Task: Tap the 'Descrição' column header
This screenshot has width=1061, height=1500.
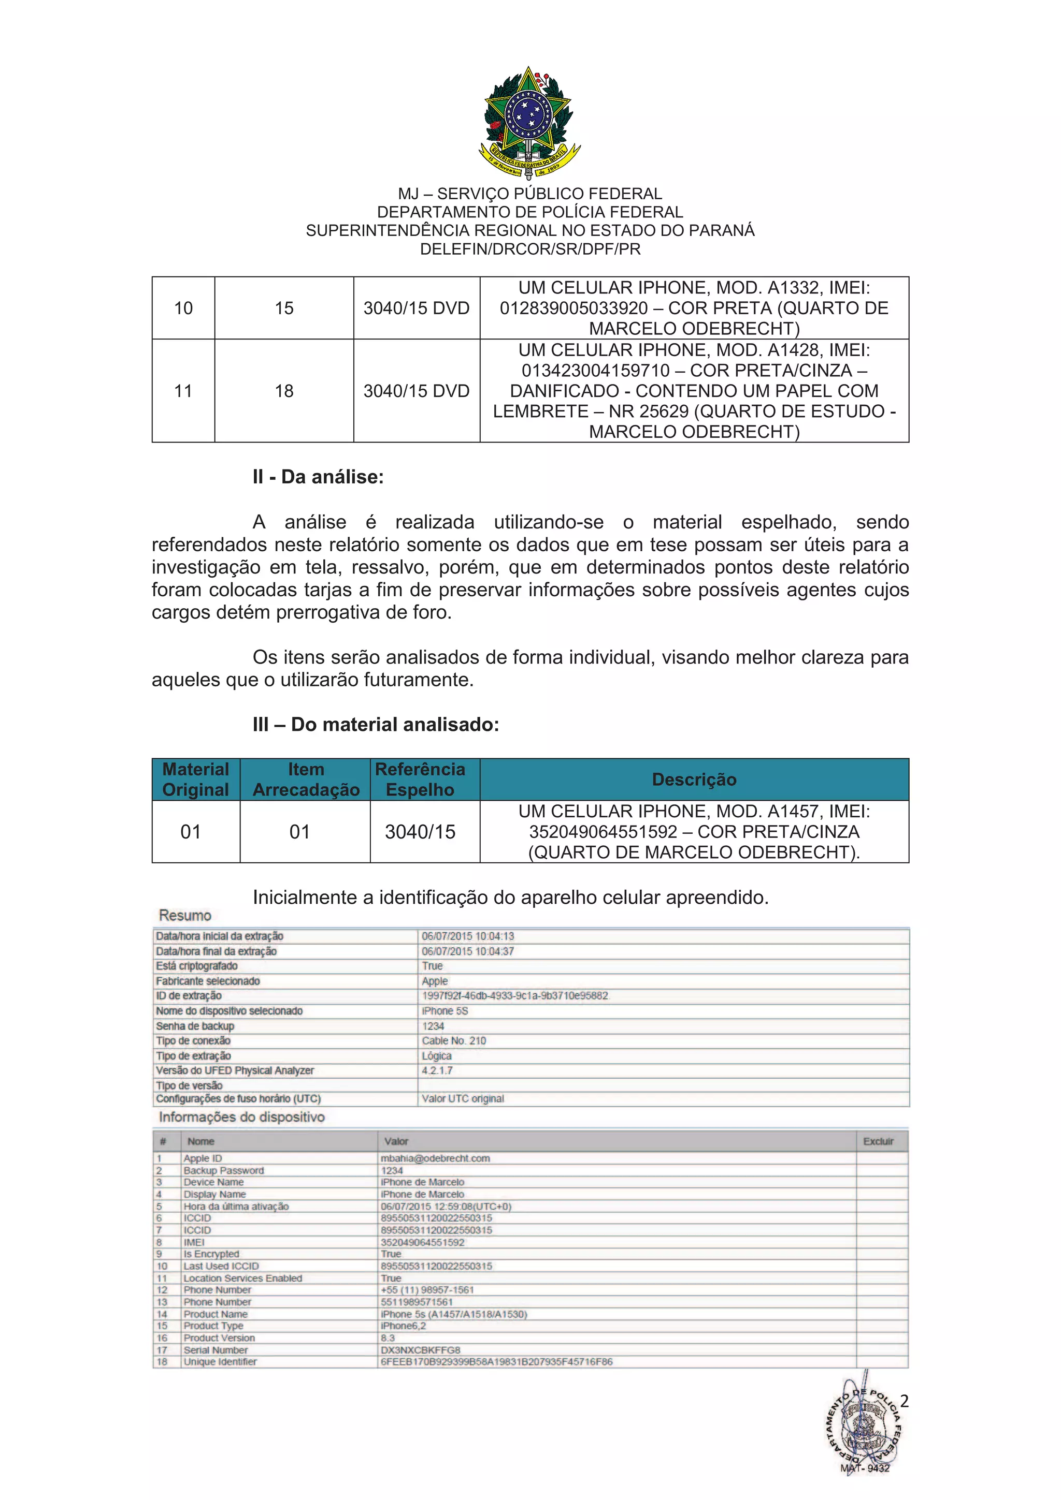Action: pos(694,780)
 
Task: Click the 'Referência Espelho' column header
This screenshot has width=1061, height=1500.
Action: pos(420,780)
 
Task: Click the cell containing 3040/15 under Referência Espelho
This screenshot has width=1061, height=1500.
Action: pos(420,832)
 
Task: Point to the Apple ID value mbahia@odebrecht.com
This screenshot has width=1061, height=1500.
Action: pos(435,1158)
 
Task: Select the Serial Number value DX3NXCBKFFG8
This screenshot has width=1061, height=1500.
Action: pos(420,1350)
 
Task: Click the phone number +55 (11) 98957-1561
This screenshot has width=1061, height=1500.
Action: pos(427,1290)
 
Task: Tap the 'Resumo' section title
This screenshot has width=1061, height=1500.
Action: pos(185,915)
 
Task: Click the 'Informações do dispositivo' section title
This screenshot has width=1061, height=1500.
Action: pos(241,1117)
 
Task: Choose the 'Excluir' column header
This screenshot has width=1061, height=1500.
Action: pos(878,1141)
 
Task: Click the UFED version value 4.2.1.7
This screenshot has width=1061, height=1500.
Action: pos(437,1070)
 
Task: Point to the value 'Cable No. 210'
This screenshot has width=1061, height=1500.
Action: pos(454,1041)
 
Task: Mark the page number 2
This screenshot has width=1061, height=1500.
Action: pos(904,1401)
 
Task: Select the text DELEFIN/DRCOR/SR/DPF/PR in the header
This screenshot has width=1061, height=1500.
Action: pos(530,249)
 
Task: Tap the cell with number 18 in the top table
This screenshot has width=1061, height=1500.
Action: pos(284,391)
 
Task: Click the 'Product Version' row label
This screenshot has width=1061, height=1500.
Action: pos(219,1338)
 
